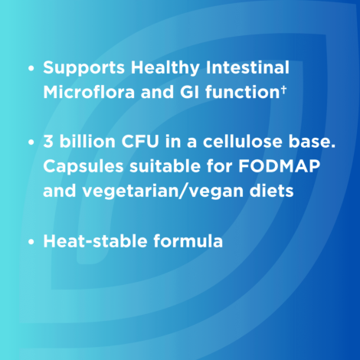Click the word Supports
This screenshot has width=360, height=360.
(83, 68)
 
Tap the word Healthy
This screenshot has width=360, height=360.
(165, 68)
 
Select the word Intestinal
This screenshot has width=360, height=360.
(247, 67)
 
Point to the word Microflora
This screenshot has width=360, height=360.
(89, 91)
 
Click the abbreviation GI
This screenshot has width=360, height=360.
(189, 92)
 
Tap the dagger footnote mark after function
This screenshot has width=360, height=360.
(283, 89)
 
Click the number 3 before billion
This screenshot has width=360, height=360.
(48, 141)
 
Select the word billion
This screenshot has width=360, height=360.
(87, 141)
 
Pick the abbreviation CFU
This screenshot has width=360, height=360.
(140, 141)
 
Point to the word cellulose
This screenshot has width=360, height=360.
(243, 141)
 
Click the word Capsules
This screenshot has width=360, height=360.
(83, 167)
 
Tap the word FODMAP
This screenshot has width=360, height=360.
(279, 166)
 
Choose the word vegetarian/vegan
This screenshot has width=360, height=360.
(162, 191)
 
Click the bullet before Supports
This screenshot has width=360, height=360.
(31, 68)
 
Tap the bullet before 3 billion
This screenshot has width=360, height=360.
(31, 142)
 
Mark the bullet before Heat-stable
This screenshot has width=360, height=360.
(31, 241)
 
